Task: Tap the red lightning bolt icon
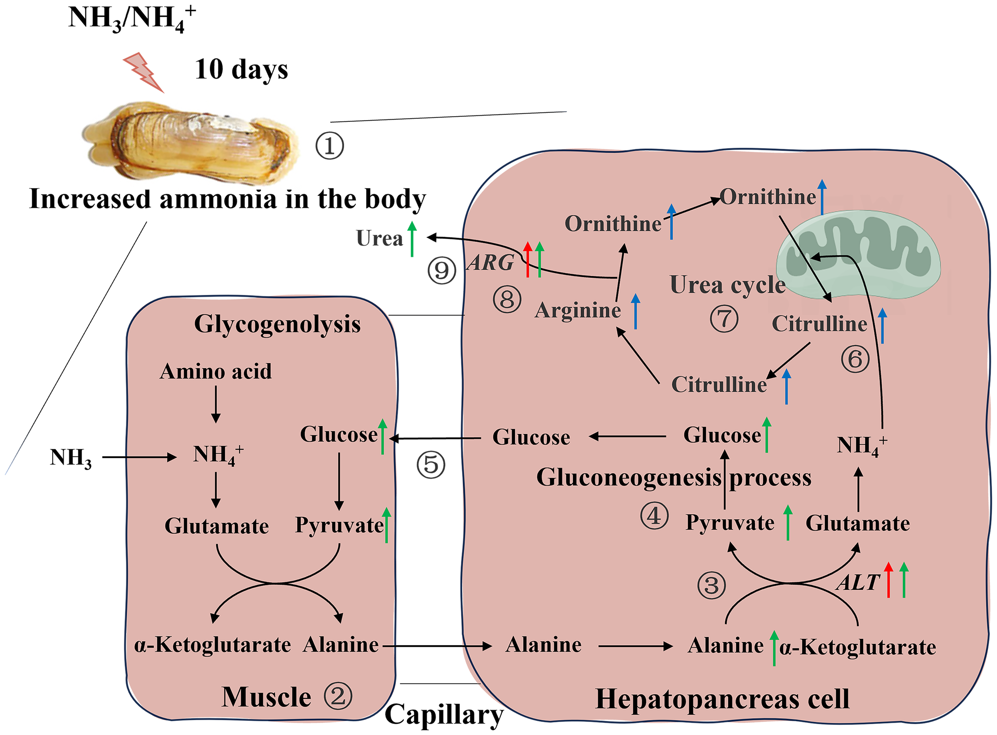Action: (x=143, y=72)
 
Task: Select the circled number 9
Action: (x=441, y=270)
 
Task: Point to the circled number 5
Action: (x=430, y=464)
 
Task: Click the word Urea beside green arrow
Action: (x=379, y=239)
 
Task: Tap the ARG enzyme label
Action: (x=490, y=263)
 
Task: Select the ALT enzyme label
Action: (x=858, y=582)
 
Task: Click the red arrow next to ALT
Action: (x=888, y=580)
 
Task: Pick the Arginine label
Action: (x=577, y=310)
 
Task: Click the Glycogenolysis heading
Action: (x=277, y=324)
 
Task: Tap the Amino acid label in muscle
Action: (x=216, y=371)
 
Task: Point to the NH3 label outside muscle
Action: (x=71, y=457)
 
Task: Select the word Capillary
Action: (x=444, y=715)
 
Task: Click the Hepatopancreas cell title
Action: (x=722, y=699)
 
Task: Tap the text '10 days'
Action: (x=241, y=69)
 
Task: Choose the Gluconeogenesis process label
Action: (x=674, y=477)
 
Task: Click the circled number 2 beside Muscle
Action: (x=338, y=696)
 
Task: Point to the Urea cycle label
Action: (x=727, y=285)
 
